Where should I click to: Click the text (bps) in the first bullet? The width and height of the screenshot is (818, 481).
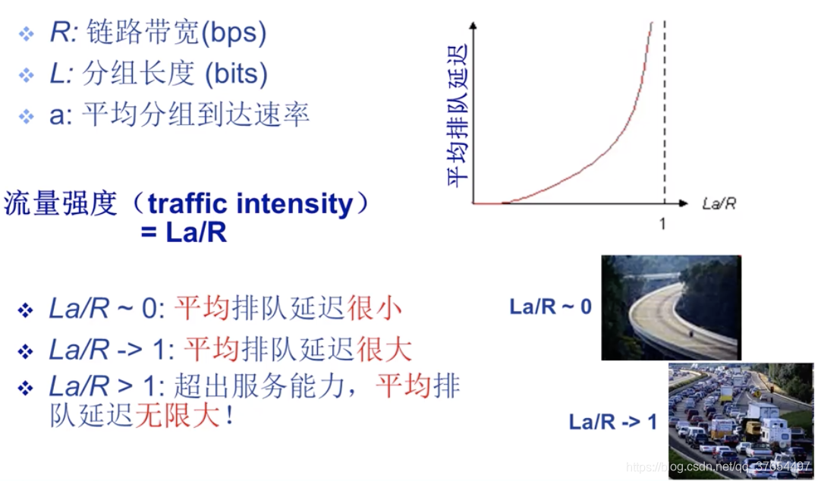pyautogui.click(x=233, y=33)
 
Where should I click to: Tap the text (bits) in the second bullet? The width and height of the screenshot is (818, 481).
pyautogui.click(x=236, y=74)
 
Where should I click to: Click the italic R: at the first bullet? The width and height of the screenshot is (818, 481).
pyautogui.click(x=63, y=32)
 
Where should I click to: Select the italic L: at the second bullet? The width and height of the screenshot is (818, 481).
pyautogui.click(x=61, y=74)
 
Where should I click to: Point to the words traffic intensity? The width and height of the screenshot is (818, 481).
pyautogui.click(x=250, y=204)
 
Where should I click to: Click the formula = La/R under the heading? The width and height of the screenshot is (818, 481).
pyautogui.click(x=184, y=232)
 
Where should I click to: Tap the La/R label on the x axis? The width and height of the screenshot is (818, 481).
pyautogui.click(x=719, y=203)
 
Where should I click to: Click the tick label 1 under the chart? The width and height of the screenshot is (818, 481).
pyautogui.click(x=662, y=224)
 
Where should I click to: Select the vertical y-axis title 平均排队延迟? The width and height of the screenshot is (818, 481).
pyautogui.click(x=458, y=115)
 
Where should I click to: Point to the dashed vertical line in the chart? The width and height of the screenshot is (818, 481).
pyautogui.click(x=665, y=112)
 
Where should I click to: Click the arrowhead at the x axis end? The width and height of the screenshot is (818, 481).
pyautogui.click(x=684, y=203)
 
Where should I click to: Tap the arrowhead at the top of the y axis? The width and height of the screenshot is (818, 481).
pyautogui.click(x=473, y=25)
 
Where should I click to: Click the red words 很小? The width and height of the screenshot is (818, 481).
pyautogui.click(x=374, y=308)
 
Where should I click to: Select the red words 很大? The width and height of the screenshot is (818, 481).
pyautogui.click(x=385, y=350)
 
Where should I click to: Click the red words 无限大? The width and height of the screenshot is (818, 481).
pyautogui.click(x=178, y=416)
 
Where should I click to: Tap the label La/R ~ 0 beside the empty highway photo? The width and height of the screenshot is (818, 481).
pyautogui.click(x=550, y=307)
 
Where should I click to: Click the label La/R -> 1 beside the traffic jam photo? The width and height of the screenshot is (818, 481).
pyautogui.click(x=613, y=422)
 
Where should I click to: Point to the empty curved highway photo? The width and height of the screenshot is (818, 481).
pyautogui.click(x=671, y=308)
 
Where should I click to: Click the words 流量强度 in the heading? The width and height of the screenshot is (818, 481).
pyautogui.click(x=61, y=203)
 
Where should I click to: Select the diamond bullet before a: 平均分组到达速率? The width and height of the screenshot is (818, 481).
pyautogui.click(x=26, y=115)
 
